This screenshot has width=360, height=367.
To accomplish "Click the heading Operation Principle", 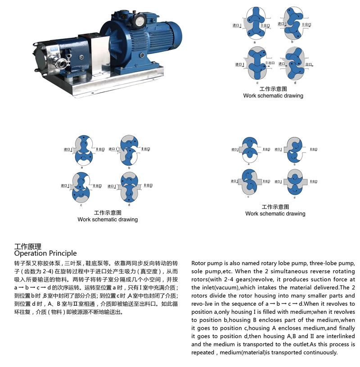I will pyautogui.click(x=45, y=253).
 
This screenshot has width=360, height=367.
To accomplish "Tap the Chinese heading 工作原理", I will pyautogui.click(x=28, y=246).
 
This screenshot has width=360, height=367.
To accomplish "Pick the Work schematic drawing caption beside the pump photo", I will pyautogui.click(x=273, y=95).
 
